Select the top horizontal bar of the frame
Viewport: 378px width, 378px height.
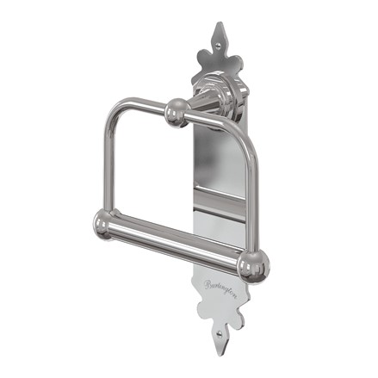[x=142, y=107]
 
